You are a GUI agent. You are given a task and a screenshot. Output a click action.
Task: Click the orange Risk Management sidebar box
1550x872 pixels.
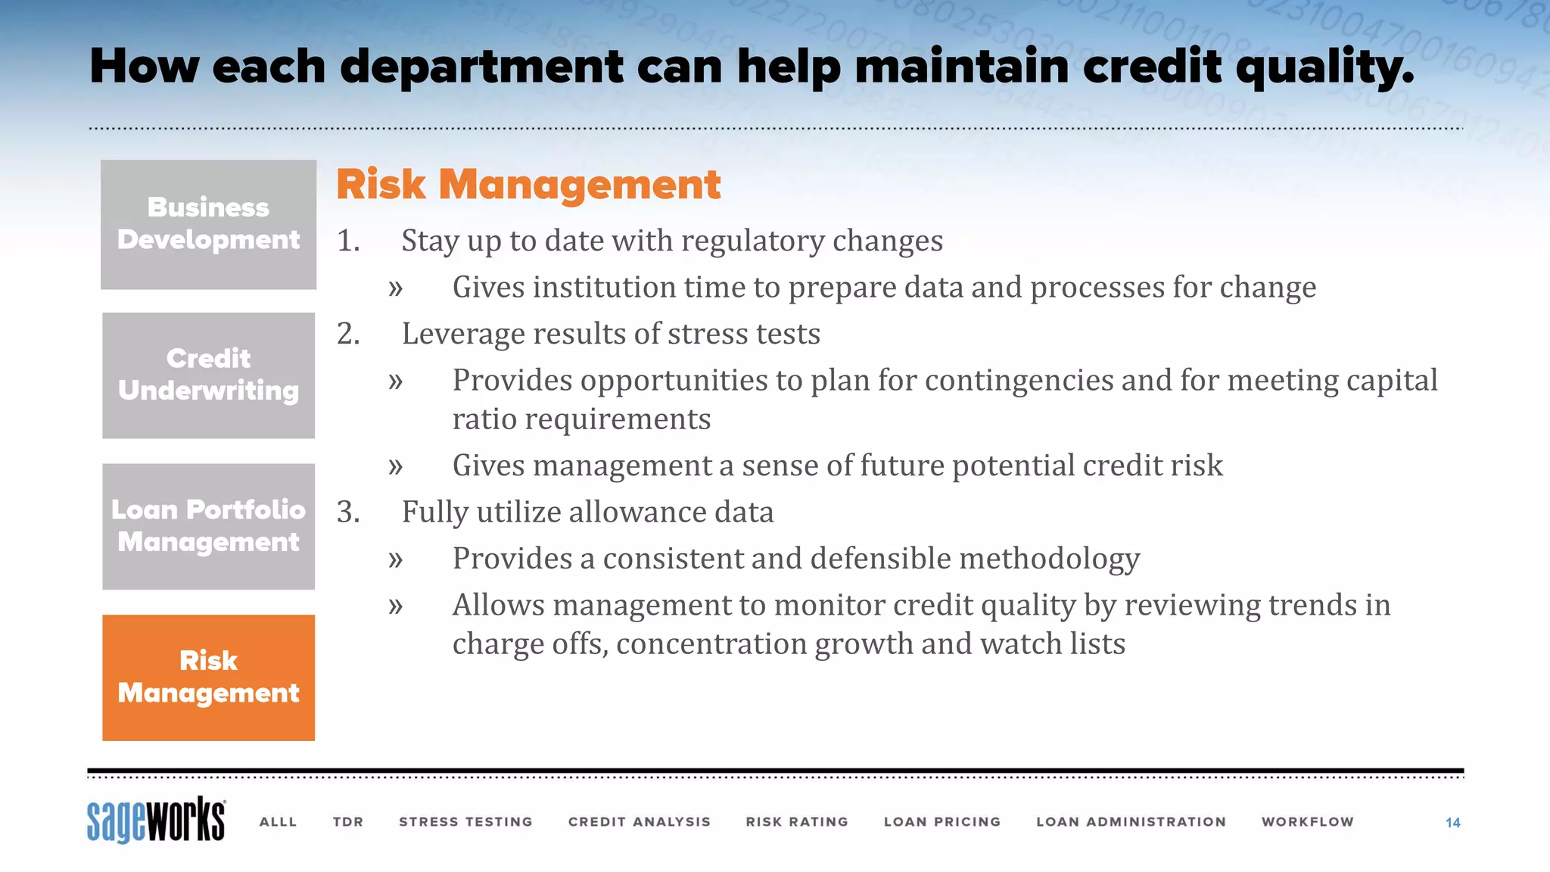coord(208,677)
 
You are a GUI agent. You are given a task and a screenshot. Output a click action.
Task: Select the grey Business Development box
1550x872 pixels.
coord(208,224)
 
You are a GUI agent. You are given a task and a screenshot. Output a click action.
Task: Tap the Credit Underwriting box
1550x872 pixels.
coord(208,375)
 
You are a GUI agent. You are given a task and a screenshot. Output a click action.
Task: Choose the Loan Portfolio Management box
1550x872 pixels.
coord(208,526)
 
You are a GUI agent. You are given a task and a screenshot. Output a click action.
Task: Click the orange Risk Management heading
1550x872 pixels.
coord(528,185)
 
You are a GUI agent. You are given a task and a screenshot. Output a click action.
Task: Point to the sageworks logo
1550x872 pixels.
coord(156,820)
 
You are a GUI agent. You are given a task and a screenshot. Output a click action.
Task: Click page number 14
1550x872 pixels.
coord(1452,823)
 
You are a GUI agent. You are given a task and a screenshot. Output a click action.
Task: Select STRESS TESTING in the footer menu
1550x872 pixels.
coord(465,822)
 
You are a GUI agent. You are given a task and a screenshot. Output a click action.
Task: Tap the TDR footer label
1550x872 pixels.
coord(348,822)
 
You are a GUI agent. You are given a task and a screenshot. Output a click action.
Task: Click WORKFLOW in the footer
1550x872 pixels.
coord(1307,822)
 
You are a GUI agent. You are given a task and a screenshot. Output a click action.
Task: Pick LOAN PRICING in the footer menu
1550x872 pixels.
coord(942,822)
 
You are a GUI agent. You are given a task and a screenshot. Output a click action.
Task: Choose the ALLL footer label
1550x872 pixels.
coord(278,822)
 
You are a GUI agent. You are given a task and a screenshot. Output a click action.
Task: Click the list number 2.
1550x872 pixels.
coord(347,334)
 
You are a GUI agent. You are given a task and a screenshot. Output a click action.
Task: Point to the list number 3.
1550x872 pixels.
coord(347,512)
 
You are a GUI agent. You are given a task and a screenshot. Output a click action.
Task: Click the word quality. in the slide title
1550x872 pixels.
coord(1324,68)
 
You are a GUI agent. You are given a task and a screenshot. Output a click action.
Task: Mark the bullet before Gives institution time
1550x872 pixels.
coord(395,288)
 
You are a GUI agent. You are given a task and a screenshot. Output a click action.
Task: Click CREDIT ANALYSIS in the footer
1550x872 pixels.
coord(640,822)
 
